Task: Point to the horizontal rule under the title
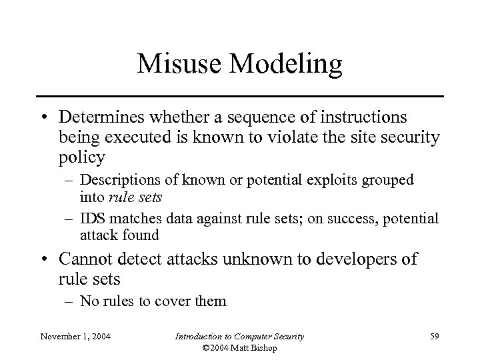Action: [240, 97]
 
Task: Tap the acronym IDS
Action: [90, 218]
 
